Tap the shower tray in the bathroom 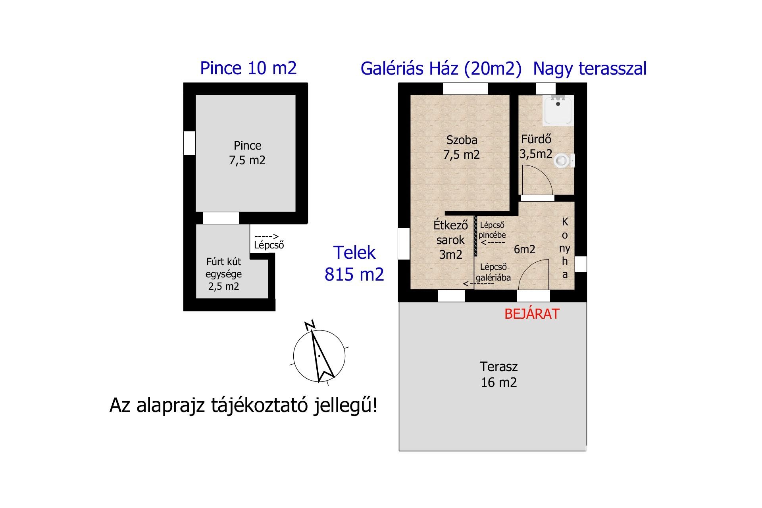(x=558, y=110)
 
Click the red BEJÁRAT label (x=532, y=314)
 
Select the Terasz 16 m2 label (x=499, y=374)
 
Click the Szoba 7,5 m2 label (x=462, y=147)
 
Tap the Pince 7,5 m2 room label (x=247, y=153)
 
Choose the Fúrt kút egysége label (x=224, y=274)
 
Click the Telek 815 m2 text (x=354, y=263)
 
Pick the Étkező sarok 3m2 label (x=450, y=240)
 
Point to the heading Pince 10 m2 (x=248, y=68)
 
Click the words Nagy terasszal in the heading (x=590, y=69)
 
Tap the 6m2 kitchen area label (x=524, y=249)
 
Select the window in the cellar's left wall (x=189, y=143)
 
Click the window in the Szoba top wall (x=465, y=89)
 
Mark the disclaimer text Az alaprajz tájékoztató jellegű (x=243, y=406)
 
